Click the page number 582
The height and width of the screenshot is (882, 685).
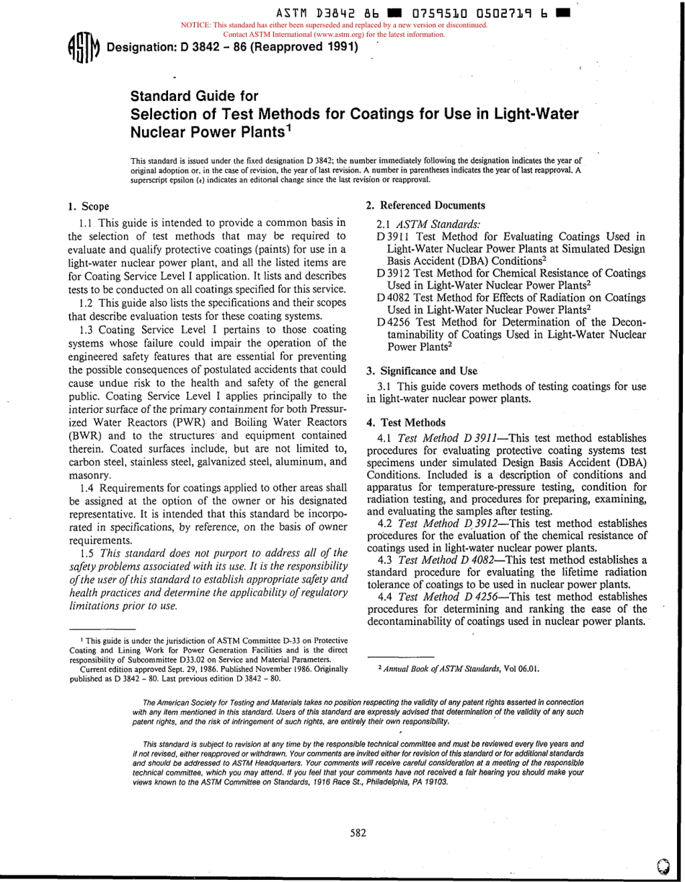pos(358,832)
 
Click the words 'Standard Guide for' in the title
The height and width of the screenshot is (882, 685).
pos(194,96)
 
